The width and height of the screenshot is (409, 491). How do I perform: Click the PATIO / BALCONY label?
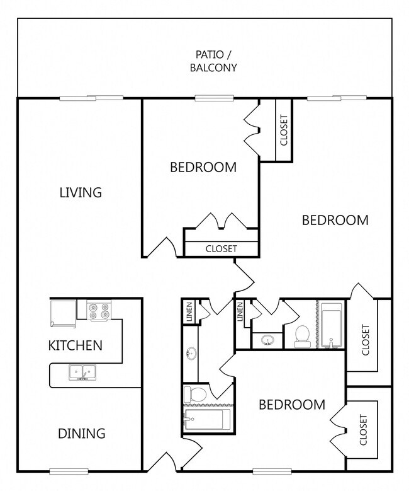tap(213, 61)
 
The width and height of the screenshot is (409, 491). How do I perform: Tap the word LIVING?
tap(81, 192)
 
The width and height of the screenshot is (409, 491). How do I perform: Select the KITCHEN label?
tap(76, 345)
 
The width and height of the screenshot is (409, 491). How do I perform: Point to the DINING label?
tap(81, 434)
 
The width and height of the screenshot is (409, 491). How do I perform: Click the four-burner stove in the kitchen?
tap(98, 311)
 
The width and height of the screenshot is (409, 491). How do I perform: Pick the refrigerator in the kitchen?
tap(63, 313)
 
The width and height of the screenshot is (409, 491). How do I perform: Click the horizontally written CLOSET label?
tap(221, 249)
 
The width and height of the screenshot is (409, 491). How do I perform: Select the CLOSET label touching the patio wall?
tap(284, 130)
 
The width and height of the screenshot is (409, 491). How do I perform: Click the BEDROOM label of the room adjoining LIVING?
tap(203, 167)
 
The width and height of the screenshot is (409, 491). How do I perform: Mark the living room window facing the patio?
tap(92, 98)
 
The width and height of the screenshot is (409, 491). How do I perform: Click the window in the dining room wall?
tap(69, 471)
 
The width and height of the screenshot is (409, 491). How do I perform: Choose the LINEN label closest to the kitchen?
tap(189, 313)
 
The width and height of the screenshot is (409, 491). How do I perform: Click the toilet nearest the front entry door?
tap(195, 395)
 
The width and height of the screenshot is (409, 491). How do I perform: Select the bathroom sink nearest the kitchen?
tap(190, 354)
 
